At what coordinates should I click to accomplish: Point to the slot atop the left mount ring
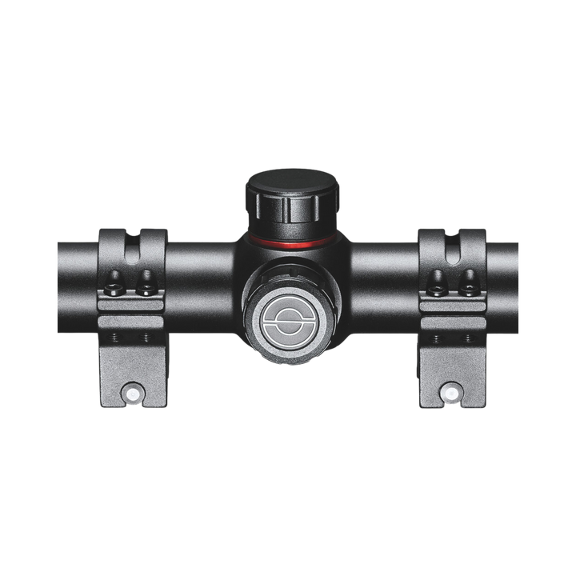131,243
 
